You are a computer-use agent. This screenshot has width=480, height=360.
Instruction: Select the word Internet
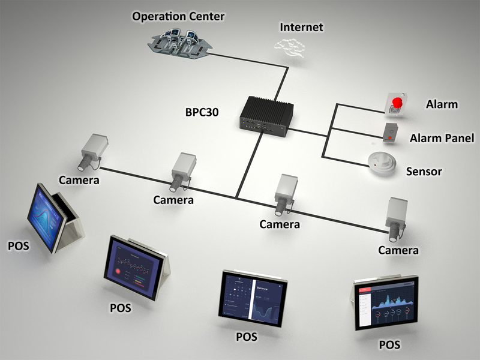pyautogui.click(x=301, y=27)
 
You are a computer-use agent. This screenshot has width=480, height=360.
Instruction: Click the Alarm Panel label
pyautogui.click(x=442, y=139)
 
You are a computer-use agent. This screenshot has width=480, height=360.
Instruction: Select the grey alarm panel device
pyautogui.click(x=391, y=133)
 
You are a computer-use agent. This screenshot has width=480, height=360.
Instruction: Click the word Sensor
pyautogui.click(x=424, y=172)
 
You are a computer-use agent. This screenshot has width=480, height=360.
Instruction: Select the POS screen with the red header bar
pyautogui.click(x=385, y=304)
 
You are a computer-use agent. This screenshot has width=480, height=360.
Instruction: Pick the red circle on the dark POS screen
pyautogui.click(x=122, y=271)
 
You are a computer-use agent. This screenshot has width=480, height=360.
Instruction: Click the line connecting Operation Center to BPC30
pyautogui.click(x=252, y=60)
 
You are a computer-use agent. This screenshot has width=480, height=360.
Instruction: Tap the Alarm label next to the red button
pyautogui.click(x=442, y=104)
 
